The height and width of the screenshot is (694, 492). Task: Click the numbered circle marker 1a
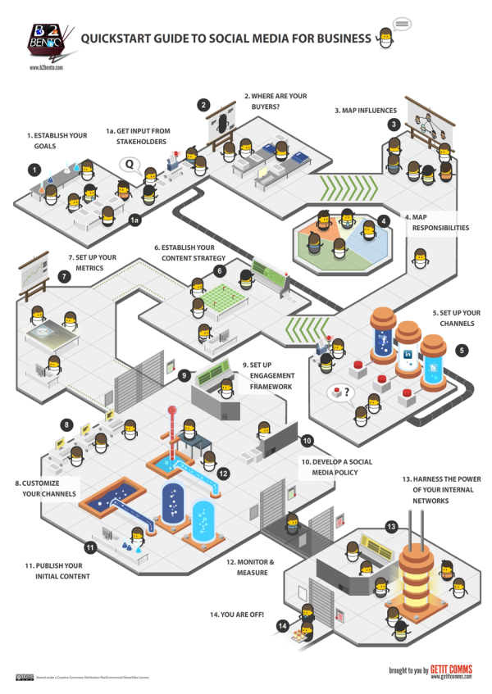pos(135,220)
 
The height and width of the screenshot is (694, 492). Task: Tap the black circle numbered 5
pos(462,350)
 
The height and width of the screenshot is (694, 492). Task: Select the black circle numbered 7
pos(64,277)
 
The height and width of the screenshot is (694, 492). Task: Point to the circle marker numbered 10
pos(306,440)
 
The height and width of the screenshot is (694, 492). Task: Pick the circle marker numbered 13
pos(392,527)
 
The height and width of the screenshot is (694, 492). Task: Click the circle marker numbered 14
pos(282,625)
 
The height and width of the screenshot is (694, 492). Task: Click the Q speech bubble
pos(129,164)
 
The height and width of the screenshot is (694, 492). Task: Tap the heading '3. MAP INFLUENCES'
pos(365,110)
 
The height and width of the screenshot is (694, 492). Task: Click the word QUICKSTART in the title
pos(116,36)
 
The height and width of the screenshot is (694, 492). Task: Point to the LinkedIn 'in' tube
pos(407,354)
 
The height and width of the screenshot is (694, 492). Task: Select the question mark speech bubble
pos(340,392)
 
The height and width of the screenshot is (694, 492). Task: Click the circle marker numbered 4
pos(383,221)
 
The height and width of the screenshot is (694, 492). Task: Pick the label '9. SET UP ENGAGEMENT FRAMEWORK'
pos(266,375)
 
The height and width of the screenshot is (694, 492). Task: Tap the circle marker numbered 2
pos(203,104)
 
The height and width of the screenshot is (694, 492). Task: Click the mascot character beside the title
pos(384,39)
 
